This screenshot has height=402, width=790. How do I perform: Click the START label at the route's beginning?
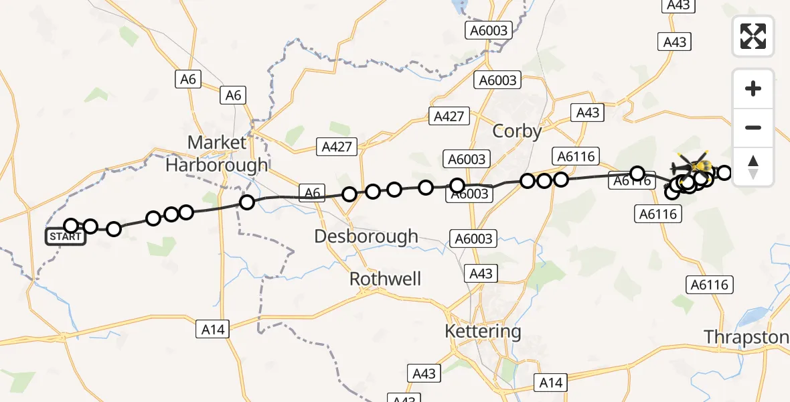[66, 237]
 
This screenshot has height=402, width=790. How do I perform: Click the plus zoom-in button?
[753, 88]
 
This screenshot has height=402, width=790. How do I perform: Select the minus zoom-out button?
[753, 127]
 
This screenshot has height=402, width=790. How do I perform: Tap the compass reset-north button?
[753, 167]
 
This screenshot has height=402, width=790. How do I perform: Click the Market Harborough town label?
[217, 153]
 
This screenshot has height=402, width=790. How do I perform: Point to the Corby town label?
[517, 131]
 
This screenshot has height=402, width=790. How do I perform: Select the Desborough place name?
[366, 237]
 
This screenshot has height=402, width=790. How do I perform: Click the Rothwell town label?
[386, 279]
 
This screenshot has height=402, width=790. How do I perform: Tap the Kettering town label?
[483, 331]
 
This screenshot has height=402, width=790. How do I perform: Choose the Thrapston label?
[746, 337]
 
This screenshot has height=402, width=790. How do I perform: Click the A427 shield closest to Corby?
[449, 116]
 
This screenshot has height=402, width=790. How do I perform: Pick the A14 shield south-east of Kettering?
[551, 383]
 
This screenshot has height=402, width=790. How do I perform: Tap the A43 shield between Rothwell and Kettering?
[481, 273]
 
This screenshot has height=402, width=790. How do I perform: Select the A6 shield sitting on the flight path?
[313, 194]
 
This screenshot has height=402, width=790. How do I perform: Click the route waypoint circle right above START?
[71, 226]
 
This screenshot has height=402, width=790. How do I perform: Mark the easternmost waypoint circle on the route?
[724, 173]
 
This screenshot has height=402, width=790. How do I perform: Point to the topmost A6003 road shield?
[489, 30]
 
